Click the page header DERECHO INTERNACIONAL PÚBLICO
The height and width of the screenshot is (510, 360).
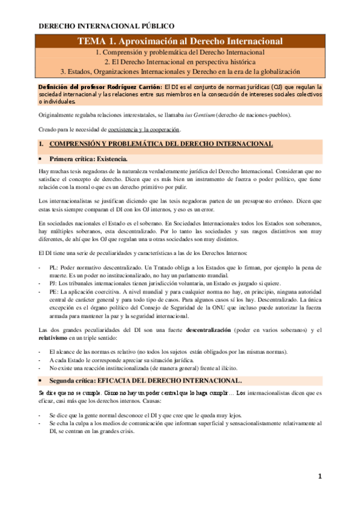coord(106,26)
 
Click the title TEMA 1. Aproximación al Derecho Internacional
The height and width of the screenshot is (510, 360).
coord(180,41)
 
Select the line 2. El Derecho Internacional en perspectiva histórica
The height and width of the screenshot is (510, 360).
coord(180,62)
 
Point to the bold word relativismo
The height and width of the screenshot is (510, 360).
coord(57,338)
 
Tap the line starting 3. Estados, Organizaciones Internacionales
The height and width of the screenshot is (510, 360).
coord(180,72)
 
